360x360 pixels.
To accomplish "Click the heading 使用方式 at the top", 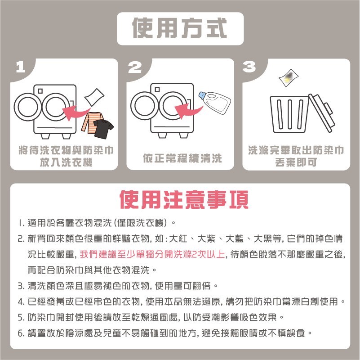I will pos(180,28).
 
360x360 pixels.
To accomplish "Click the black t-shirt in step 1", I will pos(103,128).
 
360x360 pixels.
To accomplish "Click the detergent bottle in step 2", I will pos(214,103).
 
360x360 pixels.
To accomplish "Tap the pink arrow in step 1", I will pos(74,111).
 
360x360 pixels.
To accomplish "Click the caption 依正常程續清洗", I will pos(182,158).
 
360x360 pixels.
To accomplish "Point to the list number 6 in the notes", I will pos(21,333).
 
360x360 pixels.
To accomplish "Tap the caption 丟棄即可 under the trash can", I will pos(296,162).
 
